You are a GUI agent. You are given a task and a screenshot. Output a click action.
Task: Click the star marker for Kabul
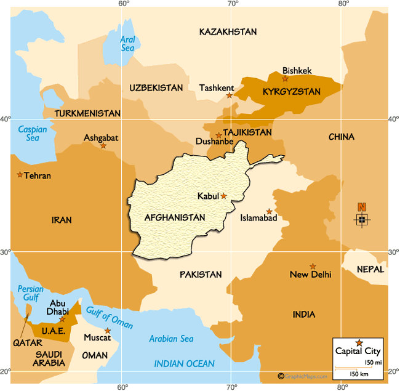click(224, 196)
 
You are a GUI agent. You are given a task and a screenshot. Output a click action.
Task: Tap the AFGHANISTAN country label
click(175, 217)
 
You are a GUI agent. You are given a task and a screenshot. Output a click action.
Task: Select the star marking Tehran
click(20, 175)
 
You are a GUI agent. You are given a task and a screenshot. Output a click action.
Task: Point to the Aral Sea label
click(127, 42)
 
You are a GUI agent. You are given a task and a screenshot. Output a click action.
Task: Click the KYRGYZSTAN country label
click(291, 92)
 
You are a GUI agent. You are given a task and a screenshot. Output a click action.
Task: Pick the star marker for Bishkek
click(285, 79)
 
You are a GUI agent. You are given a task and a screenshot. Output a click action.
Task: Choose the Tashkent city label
click(216, 88)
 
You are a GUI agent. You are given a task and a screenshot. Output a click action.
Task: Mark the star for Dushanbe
click(218, 135)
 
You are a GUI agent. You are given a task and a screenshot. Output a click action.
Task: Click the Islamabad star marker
click(269, 211)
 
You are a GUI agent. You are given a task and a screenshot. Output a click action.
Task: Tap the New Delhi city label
click(310, 275)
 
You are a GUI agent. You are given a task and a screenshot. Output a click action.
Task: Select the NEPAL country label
click(370, 270)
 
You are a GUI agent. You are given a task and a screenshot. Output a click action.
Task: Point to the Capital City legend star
click(359, 342)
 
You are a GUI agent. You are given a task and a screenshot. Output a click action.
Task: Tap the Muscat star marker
click(108, 331)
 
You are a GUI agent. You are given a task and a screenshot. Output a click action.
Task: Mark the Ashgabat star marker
click(103, 145)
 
